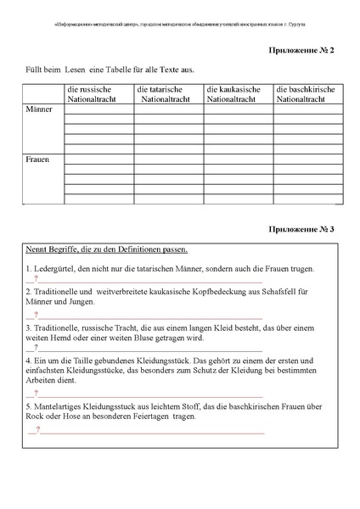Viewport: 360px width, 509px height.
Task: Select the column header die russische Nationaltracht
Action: coord(97,94)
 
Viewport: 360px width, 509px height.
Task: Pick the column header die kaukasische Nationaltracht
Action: coord(236,94)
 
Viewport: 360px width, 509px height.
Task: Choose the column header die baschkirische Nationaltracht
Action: coord(306,94)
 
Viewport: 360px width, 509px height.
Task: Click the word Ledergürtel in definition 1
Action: coord(55,269)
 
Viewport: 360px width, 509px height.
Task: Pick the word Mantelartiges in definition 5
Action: coord(60,406)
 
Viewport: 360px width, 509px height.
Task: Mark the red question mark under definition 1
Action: coord(37,279)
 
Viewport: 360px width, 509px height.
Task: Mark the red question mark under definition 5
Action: coord(37,430)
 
